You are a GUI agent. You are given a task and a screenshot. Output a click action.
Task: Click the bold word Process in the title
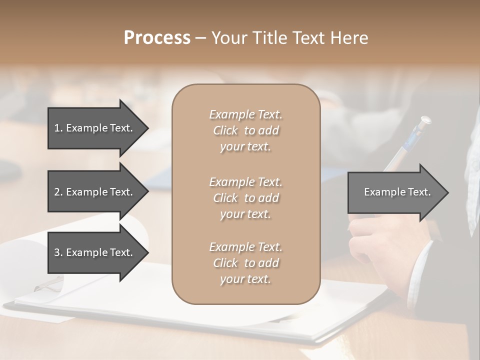(x=157, y=38)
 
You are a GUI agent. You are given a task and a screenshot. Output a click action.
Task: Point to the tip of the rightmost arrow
(x=447, y=192)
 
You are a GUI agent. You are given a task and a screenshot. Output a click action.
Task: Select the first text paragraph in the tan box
(x=245, y=130)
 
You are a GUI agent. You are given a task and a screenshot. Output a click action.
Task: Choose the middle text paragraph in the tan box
(x=245, y=198)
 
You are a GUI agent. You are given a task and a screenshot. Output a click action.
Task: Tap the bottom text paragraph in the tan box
(x=245, y=263)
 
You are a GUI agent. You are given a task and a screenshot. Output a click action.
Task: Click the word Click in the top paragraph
(x=225, y=130)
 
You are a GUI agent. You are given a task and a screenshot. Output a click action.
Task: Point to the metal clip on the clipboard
(x=49, y=285)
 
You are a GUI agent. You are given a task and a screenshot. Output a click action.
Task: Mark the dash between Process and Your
(x=200, y=38)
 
